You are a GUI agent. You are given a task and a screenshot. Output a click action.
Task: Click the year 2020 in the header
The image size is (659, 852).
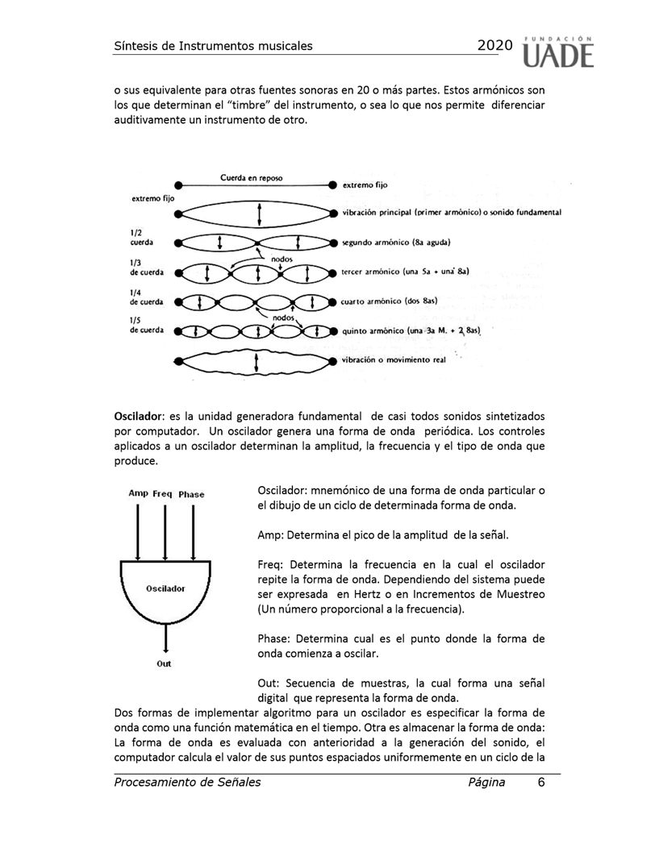click(x=494, y=46)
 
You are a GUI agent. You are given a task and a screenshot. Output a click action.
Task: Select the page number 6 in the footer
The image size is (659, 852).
click(x=541, y=782)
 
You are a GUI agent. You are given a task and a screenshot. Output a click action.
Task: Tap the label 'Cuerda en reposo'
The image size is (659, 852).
click(x=251, y=177)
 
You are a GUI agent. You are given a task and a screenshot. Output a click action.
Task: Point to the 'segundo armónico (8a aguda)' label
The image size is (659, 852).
click(x=395, y=242)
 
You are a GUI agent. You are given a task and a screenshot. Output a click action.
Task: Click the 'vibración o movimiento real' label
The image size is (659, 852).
click(x=393, y=360)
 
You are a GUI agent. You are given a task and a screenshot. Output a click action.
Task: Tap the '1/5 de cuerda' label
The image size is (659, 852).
click(x=146, y=325)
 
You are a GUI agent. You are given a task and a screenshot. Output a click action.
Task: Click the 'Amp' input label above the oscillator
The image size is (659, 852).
click(x=138, y=494)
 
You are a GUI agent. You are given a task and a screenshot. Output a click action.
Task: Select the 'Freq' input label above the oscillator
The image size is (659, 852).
click(x=164, y=494)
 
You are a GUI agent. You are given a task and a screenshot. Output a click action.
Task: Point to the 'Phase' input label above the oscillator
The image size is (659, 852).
click(x=192, y=494)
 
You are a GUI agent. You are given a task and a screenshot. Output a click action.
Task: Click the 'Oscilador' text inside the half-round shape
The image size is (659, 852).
click(x=165, y=589)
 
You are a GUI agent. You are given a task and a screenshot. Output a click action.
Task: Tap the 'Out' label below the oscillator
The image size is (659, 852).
click(x=165, y=665)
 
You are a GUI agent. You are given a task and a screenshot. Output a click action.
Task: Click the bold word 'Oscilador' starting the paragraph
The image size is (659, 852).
click(x=139, y=416)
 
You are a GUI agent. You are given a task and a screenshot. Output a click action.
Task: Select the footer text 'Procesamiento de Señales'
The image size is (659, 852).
click(x=188, y=782)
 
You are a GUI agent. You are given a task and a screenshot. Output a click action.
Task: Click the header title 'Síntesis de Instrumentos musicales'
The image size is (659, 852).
click(x=213, y=46)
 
